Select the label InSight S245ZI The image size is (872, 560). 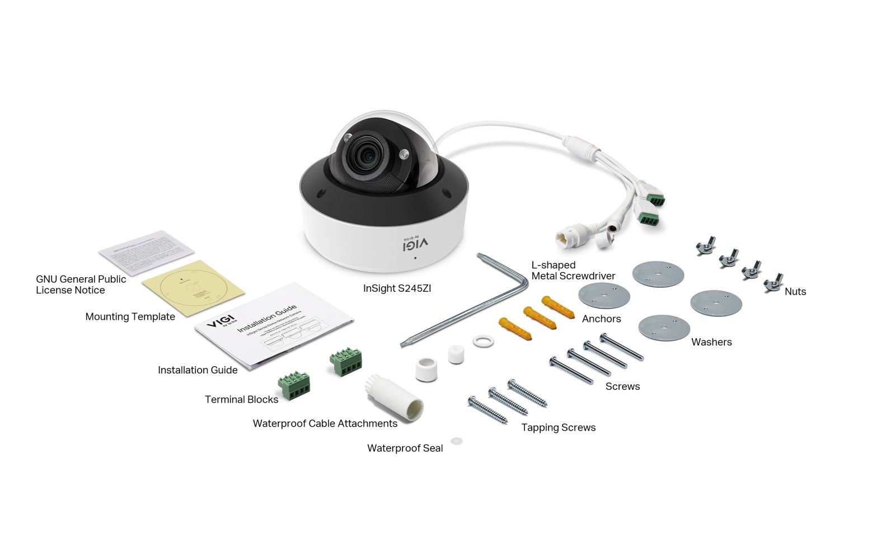(397, 288)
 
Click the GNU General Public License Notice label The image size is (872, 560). (81, 284)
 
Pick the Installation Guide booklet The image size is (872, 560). (274, 328)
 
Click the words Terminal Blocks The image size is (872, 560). (241, 399)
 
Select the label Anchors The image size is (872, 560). (601, 319)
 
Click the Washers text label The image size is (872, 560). (711, 342)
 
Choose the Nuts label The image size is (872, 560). (795, 291)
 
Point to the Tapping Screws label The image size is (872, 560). (558, 427)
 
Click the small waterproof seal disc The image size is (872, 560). (457, 441)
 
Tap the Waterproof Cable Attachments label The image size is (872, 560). (325, 423)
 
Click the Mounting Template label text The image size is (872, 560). (130, 316)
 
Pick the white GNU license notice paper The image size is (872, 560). (147, 251)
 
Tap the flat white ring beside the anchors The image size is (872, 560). (483, 340)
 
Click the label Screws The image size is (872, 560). (622, 386)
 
